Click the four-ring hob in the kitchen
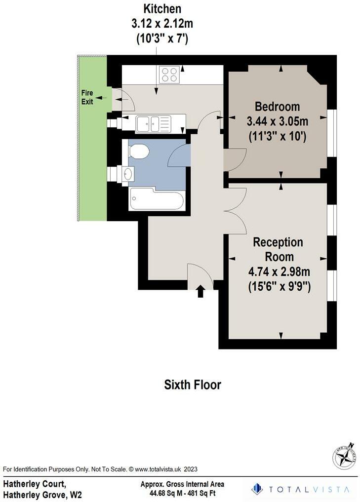click(169, 75)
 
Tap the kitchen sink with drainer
click(153, 122)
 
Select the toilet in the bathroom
click(138, 151)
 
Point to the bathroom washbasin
click(128, 173)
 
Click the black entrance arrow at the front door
click(200, 292)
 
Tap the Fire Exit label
click(87, 98)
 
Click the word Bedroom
click(277, 106)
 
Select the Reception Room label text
click(278, 249)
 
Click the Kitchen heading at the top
click(162, 8)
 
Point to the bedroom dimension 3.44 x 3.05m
click(277, 121)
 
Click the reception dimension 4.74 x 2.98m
click(279, 272)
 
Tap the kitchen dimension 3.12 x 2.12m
click(162, 24)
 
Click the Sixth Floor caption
click(193, 385)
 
